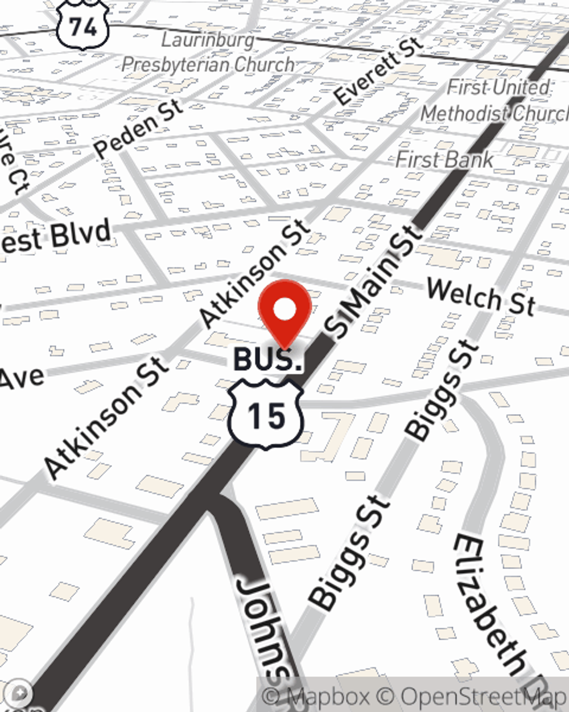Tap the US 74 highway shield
83,26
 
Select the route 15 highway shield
266,415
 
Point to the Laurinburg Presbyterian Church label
208,52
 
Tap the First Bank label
444,160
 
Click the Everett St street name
378,71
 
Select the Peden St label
138,129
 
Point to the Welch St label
481,296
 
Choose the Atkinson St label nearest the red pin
256,273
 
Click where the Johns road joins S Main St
219,496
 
